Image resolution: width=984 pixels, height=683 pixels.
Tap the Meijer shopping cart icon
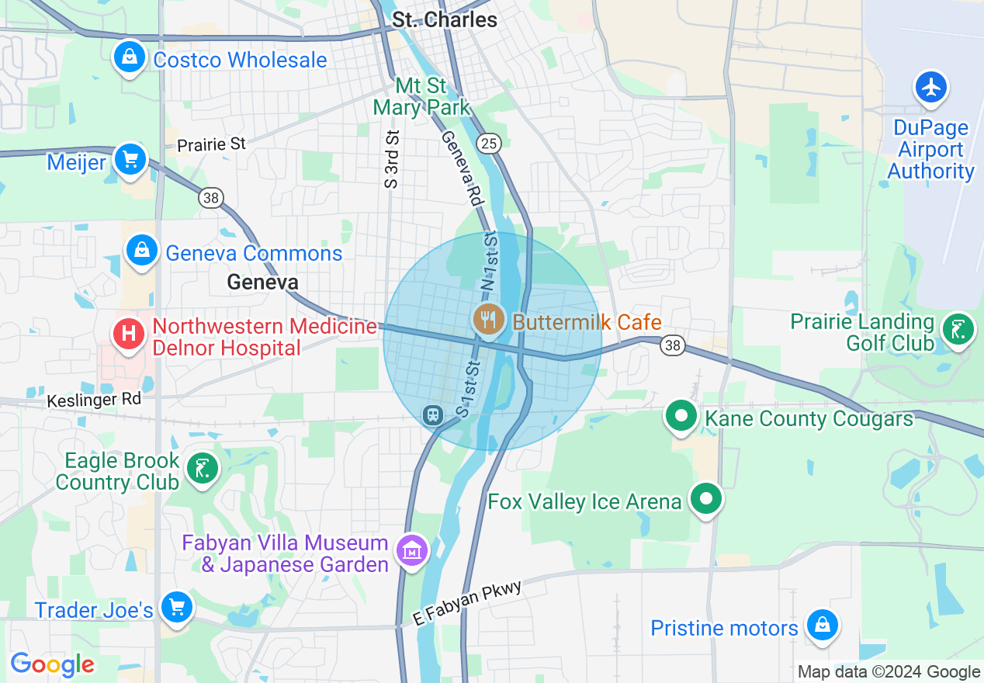tap(130, 161)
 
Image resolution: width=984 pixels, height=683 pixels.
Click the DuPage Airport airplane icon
tap(931, 87)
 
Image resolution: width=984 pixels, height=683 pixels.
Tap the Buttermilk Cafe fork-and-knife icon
tap(488, 319)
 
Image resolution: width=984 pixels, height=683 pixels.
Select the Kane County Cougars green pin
tap(681, 417)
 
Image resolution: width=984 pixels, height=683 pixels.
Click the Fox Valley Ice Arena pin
tap(706, 499)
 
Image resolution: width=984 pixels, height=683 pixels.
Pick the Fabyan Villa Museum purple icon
tap(412, 550)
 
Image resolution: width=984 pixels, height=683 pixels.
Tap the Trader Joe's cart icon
tap(177, 608)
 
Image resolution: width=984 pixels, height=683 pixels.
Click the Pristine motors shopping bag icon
tap(822, 626)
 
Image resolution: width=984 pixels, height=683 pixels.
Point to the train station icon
tap(432, 415)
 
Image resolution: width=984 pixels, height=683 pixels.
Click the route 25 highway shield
tap(490, 143)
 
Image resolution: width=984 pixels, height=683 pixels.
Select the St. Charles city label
tap(445, 19)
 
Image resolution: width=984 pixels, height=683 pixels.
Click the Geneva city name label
tap(262, 282)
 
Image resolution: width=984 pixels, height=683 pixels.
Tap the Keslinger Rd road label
tap(94, 399)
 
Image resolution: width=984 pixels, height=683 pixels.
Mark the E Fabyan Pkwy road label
tap(468, 602)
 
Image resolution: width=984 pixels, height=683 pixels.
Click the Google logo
tap(52, 664)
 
